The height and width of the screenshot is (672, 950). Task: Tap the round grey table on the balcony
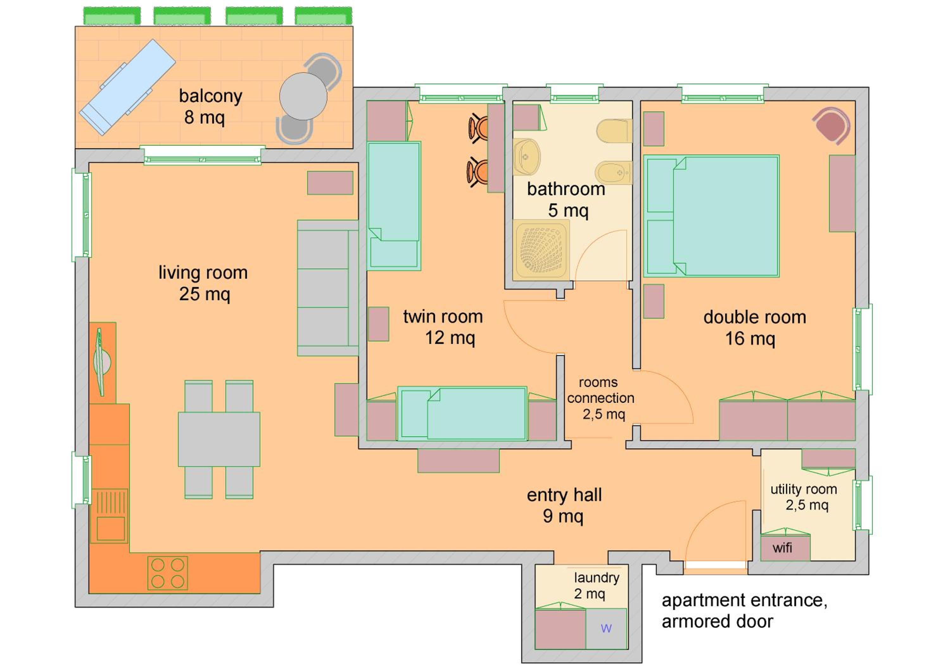pos(303,96)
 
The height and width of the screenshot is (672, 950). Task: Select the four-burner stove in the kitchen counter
pos(168,573)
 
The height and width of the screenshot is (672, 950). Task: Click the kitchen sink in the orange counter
pos(110,516)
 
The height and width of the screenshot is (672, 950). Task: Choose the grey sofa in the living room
pos(328,288)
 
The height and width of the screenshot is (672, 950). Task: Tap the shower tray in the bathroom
pos(541,250)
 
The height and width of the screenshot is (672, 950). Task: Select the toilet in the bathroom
pos(614,131)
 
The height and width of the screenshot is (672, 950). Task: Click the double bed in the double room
pos(711,216)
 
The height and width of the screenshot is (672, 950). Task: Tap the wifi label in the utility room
pos(782,548)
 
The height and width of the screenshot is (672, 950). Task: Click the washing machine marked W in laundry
pos(606,629)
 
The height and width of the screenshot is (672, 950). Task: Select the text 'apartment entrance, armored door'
pos(744,611)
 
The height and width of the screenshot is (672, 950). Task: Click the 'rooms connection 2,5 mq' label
pos(600,398)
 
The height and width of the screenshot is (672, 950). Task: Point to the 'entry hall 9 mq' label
pos(564,505)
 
